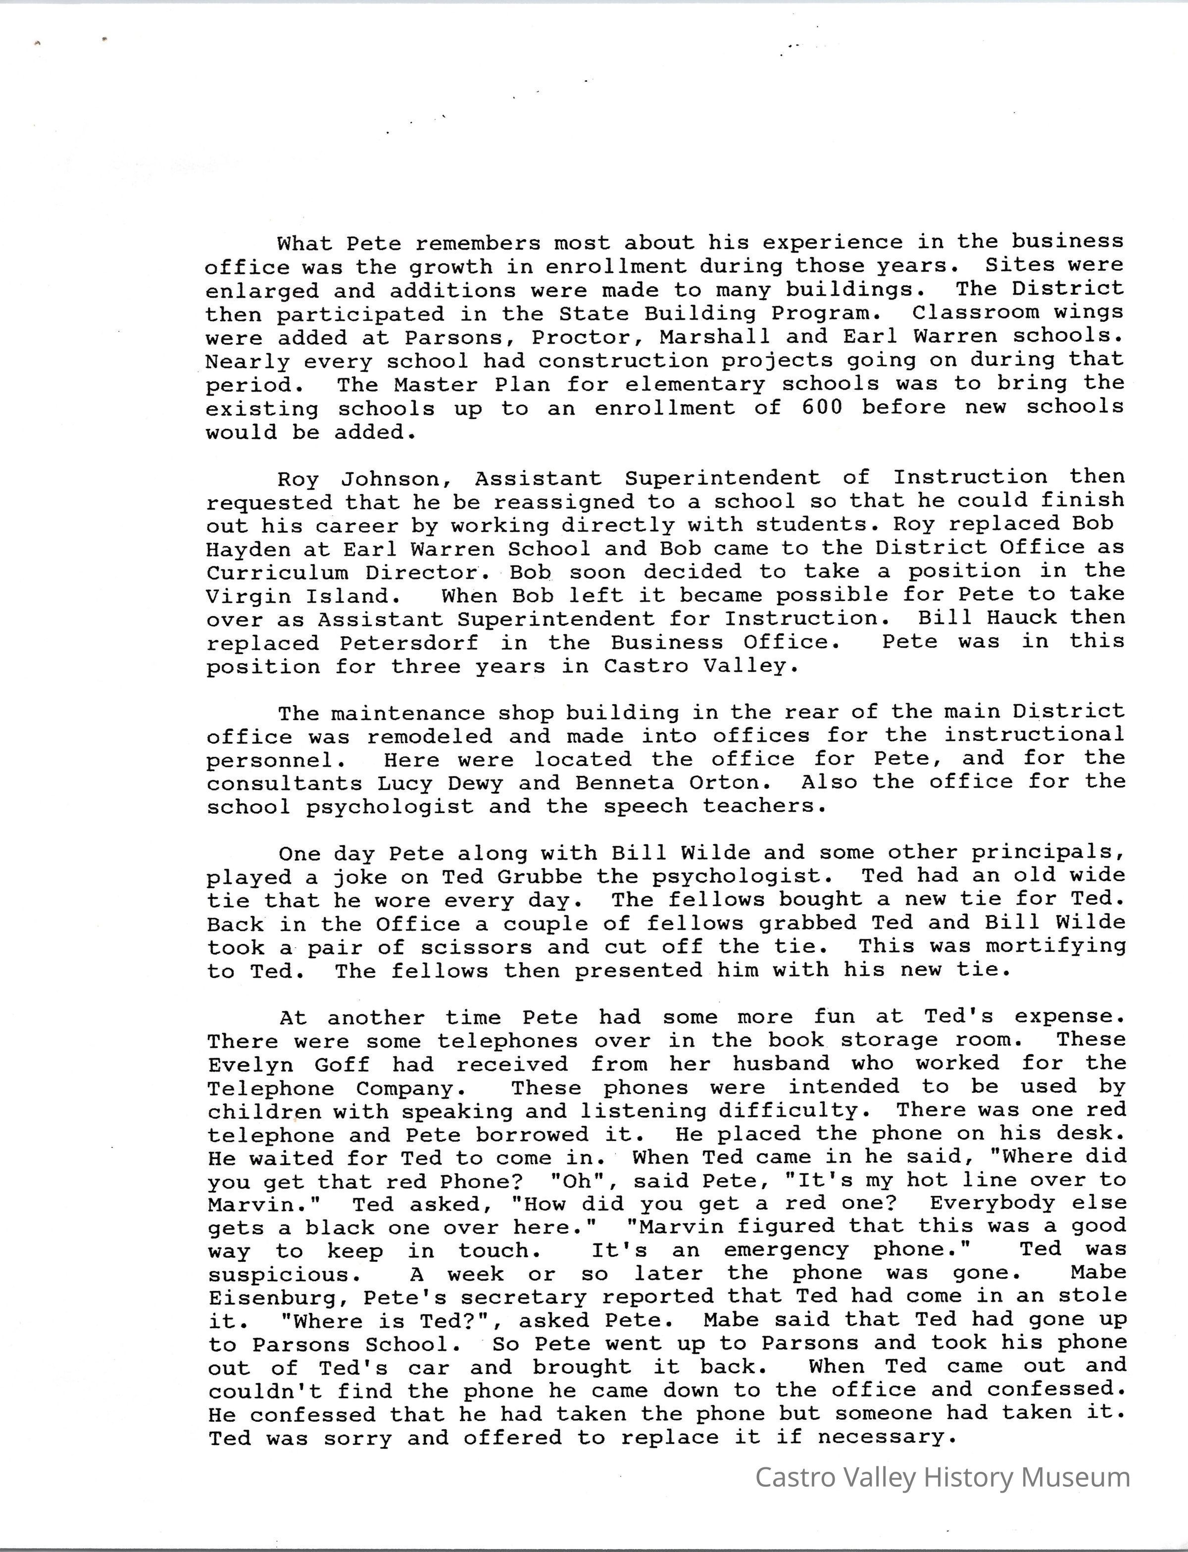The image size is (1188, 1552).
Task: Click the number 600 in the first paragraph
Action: point(822,408)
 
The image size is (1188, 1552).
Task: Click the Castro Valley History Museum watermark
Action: point(942,1477)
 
